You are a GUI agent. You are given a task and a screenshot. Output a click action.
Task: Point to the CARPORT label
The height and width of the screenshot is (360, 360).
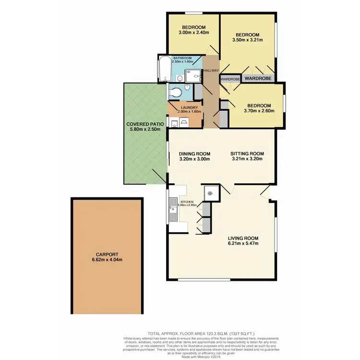coord(107,254)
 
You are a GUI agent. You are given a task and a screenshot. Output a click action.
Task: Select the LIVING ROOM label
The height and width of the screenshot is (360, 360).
coord(243,238)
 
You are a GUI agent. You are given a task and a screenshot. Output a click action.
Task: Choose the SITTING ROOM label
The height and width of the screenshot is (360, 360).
coord(248,154)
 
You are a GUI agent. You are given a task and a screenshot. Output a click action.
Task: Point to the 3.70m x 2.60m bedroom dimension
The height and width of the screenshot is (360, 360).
coord(259,111)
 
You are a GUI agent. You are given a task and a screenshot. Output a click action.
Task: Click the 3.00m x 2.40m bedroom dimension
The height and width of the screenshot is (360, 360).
coord(193,32)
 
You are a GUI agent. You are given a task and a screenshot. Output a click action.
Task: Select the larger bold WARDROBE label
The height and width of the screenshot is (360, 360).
coord(258,78)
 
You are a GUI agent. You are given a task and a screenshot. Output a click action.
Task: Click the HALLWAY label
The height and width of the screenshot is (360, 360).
coord(211,71)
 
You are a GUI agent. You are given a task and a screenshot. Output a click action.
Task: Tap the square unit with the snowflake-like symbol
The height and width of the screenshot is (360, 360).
coord(209,193)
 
